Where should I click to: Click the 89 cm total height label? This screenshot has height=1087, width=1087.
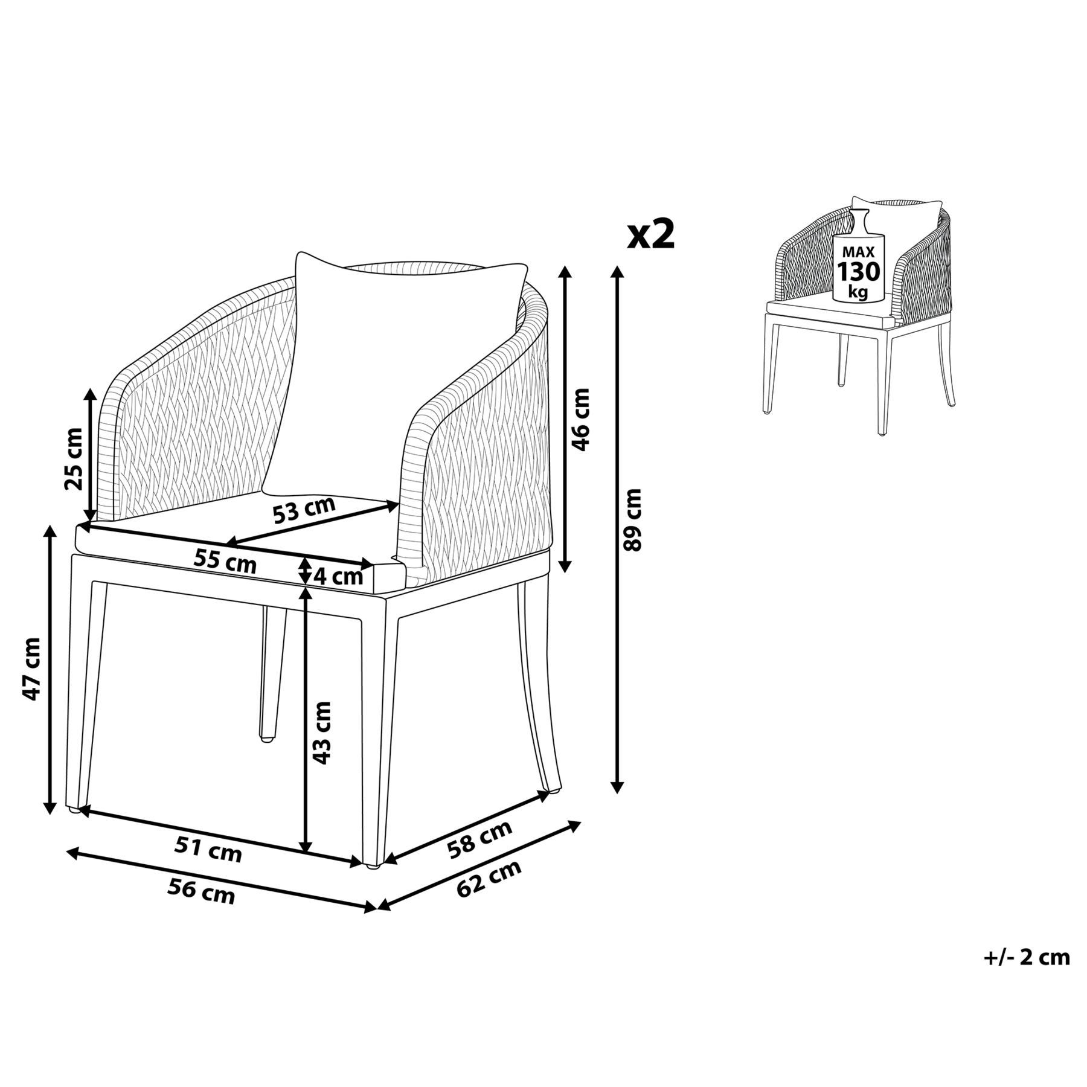pos(632,519)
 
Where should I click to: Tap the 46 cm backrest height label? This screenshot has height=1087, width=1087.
pos(580,419)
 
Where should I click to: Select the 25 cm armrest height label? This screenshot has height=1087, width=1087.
pos(74,458)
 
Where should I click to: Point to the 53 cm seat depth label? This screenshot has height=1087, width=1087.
pos(304,510)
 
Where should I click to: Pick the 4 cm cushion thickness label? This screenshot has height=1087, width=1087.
pos(339,577)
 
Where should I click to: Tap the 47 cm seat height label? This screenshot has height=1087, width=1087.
pos(31,669)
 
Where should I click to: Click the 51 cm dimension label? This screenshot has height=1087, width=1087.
pos(208,850)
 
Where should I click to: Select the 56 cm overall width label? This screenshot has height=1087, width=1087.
pos(201,891)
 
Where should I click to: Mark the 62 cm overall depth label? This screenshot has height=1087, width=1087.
pos(489,879)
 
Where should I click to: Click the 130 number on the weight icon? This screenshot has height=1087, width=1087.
pos(858,272)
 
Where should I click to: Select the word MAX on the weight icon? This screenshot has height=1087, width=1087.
pos(858,252)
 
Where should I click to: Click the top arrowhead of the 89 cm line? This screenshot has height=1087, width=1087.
pos(617,273)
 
